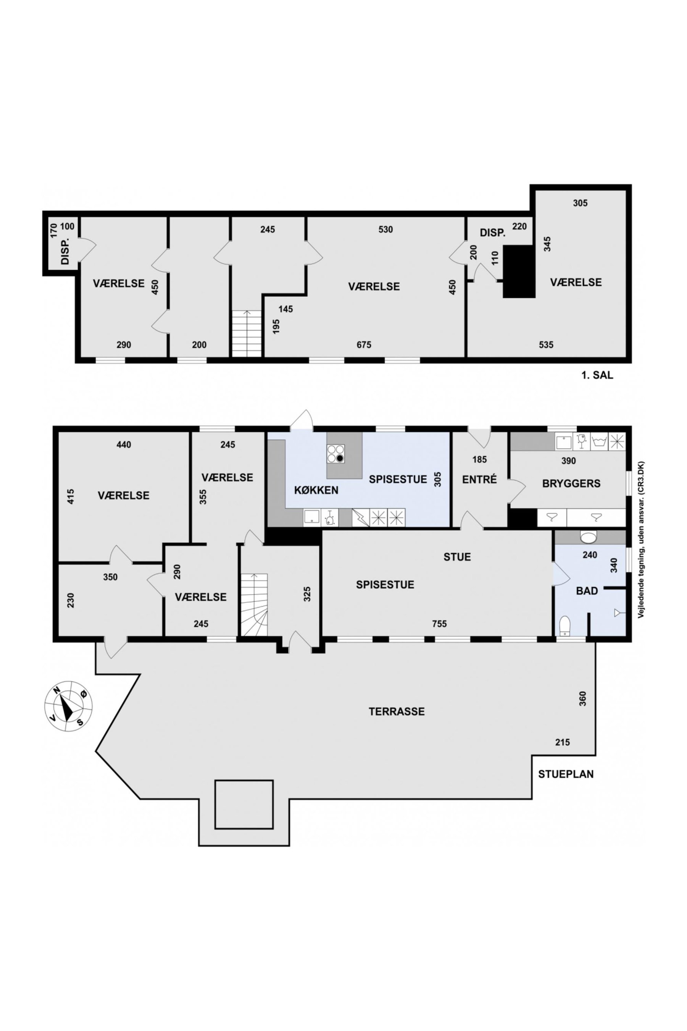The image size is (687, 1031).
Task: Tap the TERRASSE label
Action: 397,711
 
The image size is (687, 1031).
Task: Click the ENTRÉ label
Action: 479,480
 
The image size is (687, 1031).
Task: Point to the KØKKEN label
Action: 316,490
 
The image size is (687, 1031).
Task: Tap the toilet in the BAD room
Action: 565,625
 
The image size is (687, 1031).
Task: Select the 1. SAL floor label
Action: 597,375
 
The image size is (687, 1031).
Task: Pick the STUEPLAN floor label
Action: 566,774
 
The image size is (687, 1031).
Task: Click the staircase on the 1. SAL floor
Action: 247,334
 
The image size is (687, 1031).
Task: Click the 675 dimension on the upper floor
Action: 364,345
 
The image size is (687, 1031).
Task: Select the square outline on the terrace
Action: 244,805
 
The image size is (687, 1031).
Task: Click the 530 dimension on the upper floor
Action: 385,229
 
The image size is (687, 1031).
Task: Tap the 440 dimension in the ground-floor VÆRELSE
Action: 124,444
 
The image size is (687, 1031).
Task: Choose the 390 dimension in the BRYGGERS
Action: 569,461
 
